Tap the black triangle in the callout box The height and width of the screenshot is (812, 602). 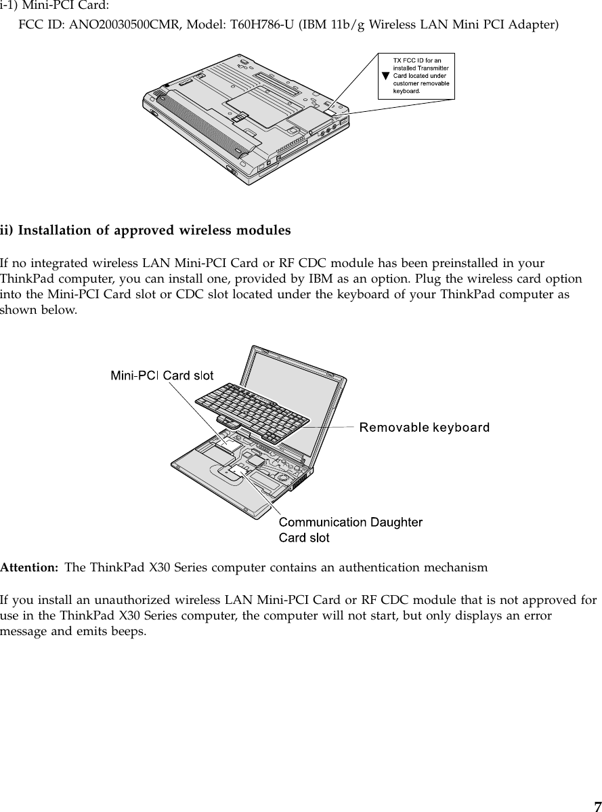point(385,76)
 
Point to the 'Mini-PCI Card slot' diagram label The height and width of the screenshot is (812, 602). point(163,375)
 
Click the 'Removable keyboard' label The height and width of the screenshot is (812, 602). point(424,427)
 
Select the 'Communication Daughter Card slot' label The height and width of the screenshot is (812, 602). point(351,529)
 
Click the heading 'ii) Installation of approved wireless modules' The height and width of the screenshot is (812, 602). point(146,230)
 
